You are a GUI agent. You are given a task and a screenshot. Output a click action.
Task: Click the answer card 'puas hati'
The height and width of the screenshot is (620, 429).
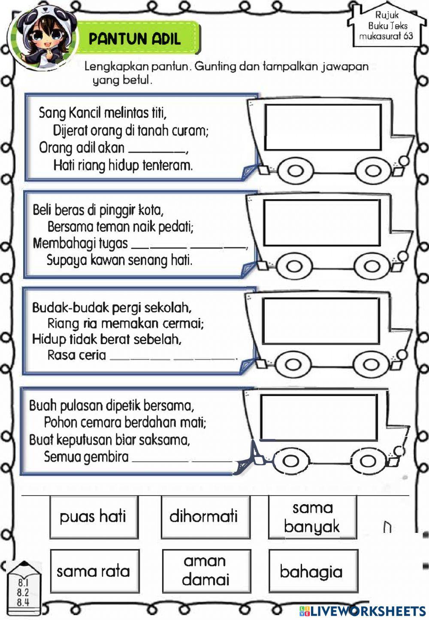pyautogui.click(x=94, y=517)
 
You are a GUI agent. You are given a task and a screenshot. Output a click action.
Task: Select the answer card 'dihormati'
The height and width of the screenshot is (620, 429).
pyautogui.click(x=205, y=517)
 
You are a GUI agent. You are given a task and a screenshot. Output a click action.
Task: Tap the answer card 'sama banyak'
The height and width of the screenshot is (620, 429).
pyautogui.click(x=312, y=517)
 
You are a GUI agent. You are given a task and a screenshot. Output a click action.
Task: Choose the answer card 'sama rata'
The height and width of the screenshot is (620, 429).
pyautogui.click(x=94, y=571)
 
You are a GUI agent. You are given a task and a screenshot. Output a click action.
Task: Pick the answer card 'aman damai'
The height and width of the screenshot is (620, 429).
pyautogui.click(x=206, y=571)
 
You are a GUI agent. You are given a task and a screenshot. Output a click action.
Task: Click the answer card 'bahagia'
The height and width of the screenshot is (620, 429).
pyautogui.click(x=312, y=571)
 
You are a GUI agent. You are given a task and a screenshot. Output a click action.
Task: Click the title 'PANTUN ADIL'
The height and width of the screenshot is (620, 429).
pyautogui.click(x=135, y=39)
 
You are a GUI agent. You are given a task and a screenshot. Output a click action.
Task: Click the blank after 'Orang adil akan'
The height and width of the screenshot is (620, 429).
pyautogui.click(x=157, y=151)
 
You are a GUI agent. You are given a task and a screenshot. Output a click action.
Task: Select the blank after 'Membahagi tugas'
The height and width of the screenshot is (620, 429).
pyautogui.click(x=189, y=246)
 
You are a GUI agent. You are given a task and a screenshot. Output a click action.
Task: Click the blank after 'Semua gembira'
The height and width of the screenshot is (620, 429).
pyautogui.click(x=182, y=460)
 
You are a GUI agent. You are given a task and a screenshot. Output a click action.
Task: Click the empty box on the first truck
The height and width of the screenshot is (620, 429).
pyautogui.click(x=323, y=127)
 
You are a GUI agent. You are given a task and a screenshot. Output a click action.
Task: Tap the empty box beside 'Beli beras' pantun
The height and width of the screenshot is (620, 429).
pyautogui.click(x=322, y=222)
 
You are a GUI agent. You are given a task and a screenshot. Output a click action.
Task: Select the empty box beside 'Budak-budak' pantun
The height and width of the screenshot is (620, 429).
pyautogui.click(x=321, y=321)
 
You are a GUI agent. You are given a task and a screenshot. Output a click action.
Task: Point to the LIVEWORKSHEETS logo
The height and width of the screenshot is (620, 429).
pyautogui.click(x=363, y=611)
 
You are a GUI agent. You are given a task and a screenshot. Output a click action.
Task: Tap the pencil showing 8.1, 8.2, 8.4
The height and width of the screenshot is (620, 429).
pyautogui.click(x=23, y=588)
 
